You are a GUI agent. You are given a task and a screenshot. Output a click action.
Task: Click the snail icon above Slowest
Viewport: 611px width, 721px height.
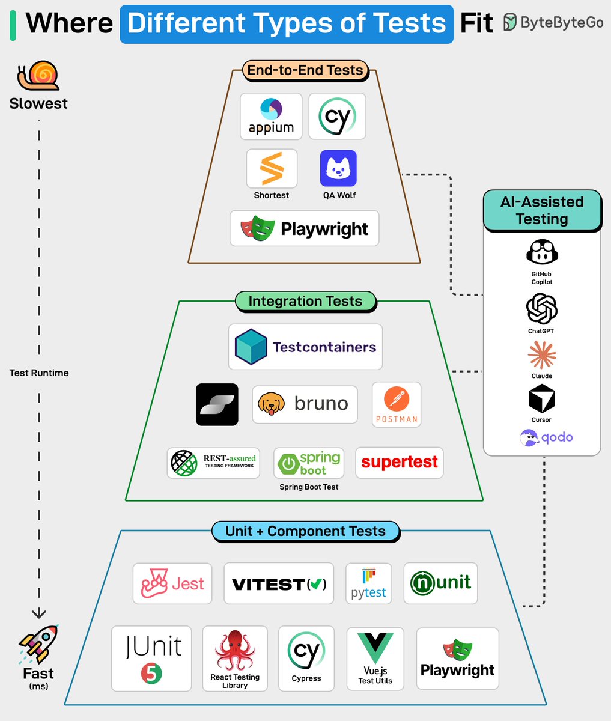(x=38, y=76)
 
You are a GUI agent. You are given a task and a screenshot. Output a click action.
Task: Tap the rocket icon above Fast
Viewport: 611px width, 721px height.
(x=38, y=645)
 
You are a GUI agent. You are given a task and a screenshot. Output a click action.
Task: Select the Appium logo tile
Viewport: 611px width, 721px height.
(x=271, y=117)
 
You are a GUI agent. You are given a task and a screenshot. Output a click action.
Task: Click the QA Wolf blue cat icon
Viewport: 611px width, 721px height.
(x=338, y=169)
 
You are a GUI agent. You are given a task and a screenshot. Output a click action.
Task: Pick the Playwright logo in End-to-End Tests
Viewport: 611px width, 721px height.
(x=305, y=228)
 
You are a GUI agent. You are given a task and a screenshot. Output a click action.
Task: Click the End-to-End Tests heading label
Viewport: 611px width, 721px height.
(x=305, y=70)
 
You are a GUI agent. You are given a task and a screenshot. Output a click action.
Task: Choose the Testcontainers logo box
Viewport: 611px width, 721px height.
(x=305, y=347)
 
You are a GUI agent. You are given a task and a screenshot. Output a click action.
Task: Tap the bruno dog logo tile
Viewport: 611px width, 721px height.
(x=305, y=404)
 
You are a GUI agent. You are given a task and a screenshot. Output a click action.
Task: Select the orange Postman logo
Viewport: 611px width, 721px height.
(x=396, y=404)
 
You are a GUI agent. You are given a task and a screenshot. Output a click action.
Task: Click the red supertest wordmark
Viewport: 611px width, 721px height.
(x=400, y=462)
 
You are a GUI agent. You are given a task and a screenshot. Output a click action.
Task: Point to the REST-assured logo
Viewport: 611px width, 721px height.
(x=213, y=462)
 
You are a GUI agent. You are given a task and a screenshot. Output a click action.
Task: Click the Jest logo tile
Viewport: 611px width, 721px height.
(x=172, y=583)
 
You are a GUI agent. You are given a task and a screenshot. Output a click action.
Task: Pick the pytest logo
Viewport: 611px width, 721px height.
(x=368, y=583)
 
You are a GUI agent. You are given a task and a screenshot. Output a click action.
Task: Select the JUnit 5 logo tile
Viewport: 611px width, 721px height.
(x=151, y=659)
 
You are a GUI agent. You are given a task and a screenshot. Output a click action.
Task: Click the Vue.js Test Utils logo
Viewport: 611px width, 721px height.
(x=375, y=658)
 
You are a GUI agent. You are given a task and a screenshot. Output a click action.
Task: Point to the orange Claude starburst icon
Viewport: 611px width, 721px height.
(x=541, y=354)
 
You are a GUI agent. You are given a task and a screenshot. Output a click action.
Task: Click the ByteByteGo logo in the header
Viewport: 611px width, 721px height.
(x=553, y=23)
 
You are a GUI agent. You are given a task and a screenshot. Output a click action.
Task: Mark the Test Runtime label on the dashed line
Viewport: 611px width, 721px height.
(x=39, y=373)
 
